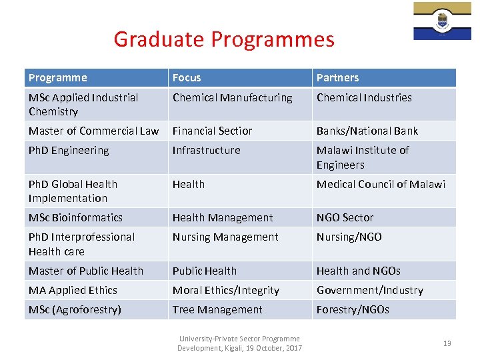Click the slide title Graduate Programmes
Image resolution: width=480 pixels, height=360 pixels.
pyautogui.click(x=224, y=39)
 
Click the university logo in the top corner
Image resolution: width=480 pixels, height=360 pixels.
pyautogui.click(x=442, y=21)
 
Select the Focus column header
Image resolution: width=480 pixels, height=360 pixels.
pyautogui.click(x=187, y=78)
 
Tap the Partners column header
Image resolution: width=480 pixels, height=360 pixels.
pyautogui.click(x=337, y=78)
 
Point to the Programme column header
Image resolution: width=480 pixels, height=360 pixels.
pyautogui.click(x=57, y=78)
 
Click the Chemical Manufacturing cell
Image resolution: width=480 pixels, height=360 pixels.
pyautogui.click(x=232, y=98)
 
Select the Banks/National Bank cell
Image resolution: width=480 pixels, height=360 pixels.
pyautogui.click(x=367, y=131)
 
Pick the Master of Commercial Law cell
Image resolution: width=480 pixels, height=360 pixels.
pyautogui.click(x=93, y=131)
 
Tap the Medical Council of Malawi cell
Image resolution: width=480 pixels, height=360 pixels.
pyautogui.click(x=381, y=184)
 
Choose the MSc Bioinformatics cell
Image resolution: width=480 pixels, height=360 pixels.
pyautogui.click(x=75, y=217)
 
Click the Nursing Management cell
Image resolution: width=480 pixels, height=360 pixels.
pyautogui.click(x=225, y=237)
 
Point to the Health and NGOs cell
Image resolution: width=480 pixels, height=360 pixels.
pyautogui.click(x=359, y=271)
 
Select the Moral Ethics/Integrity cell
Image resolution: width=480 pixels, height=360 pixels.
pyautogui.click(x=226, y=290)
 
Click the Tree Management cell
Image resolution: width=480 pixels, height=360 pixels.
pyautogui.click(x=217, y=309)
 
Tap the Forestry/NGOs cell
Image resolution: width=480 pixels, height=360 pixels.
pyautogui.click(x=353, y=309)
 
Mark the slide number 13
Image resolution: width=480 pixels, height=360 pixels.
pyautogui.click(x=447, y=343)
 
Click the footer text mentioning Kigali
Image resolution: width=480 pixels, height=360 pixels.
pyautogui.click(x=239, y=343)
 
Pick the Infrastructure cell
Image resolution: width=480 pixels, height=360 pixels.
pyautogui.click(x=206, y=151)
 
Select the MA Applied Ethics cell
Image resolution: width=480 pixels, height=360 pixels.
pyautogui.click(x=73, y=290)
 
